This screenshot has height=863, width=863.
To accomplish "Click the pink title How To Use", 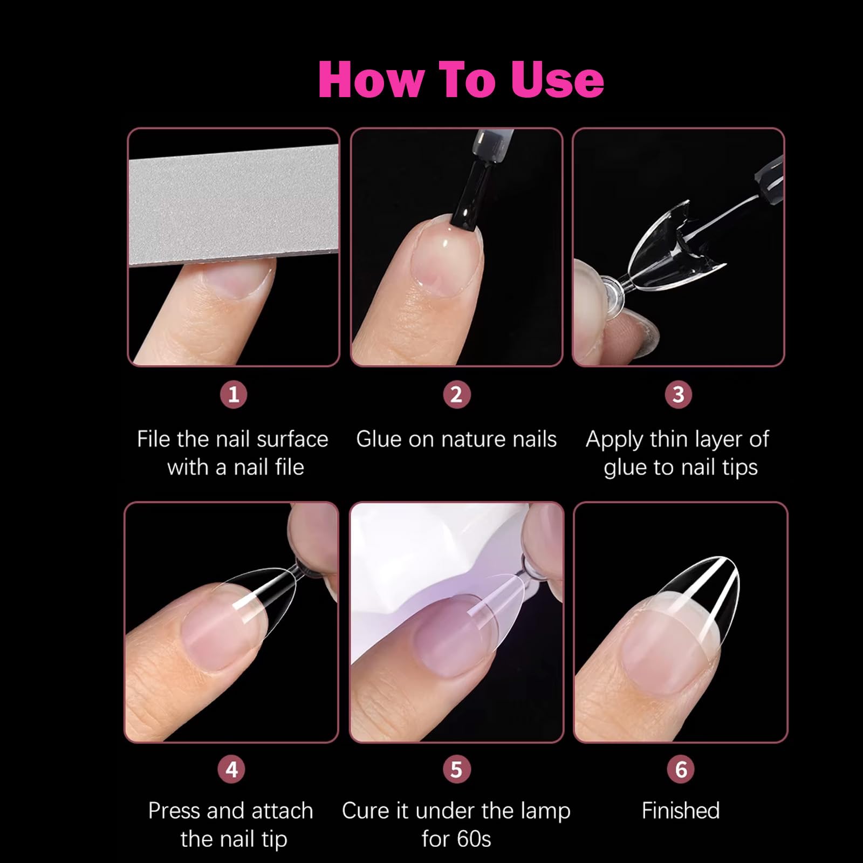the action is [x=461, y=79].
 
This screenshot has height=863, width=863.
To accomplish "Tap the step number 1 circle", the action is [x=234, y=394].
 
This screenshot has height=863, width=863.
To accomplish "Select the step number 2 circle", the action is [x=456, y=394].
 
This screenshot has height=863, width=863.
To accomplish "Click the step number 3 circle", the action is [x=679, y=394].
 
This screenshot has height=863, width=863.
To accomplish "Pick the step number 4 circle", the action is [x=231, y=769].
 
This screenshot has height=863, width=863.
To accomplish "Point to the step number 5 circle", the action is [x=456, y=769].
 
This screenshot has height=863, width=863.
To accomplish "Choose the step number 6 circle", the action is [x=681, y=769].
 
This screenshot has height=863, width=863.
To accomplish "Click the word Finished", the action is [x=681, y=811].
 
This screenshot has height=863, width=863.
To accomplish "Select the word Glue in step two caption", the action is [x=379, y=439].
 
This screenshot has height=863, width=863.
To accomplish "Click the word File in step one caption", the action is [x=154, y=439].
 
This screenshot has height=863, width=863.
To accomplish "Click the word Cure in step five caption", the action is [x=365, y=811].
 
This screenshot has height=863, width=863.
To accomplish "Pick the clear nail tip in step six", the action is [x=701, y=604].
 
